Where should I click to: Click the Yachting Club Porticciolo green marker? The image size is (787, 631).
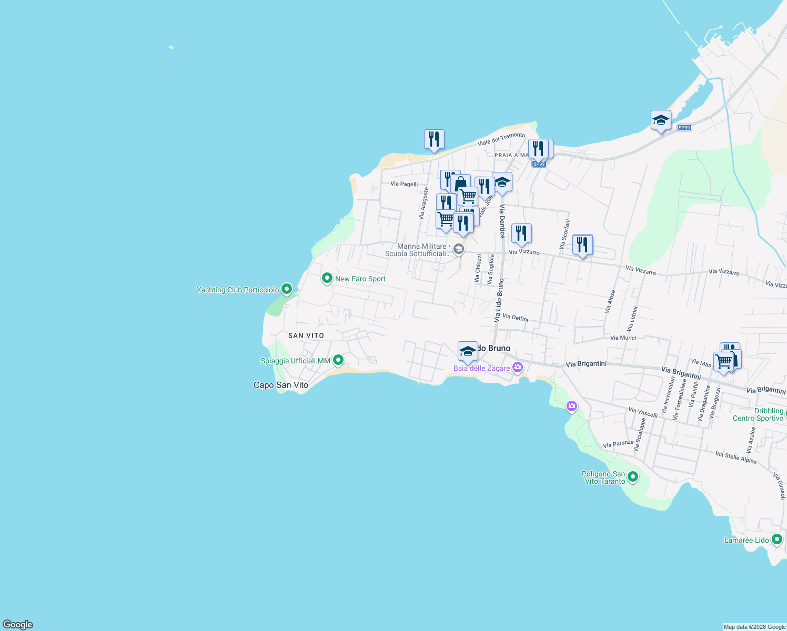coord(287,289)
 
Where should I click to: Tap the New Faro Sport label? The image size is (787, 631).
coord(360,279)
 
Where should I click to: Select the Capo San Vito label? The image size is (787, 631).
coord(281,385)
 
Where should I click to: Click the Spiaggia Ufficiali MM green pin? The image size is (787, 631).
coord(338,360)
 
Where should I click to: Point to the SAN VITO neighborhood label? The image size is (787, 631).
coord(306,335)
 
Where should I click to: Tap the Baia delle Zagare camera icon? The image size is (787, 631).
coord(518,367)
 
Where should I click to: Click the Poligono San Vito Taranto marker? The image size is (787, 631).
coord(633,477)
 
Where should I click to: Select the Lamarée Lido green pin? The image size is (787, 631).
coord(777,539)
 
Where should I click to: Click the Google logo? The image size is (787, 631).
coord(18,625)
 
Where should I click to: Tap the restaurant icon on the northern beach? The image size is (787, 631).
coord(434,139)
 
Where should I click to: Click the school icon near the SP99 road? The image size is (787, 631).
coord(661,120)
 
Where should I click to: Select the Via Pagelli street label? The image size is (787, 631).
coord(404,184)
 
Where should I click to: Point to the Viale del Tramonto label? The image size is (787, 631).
coord(501,139)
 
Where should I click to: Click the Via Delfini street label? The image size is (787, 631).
coord(516,317)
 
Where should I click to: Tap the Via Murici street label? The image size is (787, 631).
coord(623,338)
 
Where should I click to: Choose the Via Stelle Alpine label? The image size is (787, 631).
coord(736,457)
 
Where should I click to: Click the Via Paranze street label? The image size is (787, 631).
coord(618,444)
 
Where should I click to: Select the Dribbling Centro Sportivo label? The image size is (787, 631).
coord(758,414)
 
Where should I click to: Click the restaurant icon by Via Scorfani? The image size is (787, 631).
coord(582,245)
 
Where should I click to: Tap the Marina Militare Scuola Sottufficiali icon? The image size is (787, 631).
coord(459,249)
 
